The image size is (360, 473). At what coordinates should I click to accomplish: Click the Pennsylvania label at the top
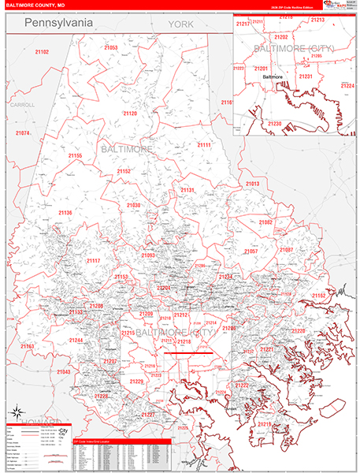[x=59, y=24]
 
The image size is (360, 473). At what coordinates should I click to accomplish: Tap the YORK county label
[x=180, y=26]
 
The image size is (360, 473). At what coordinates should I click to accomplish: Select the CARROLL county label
[x=23, y=104]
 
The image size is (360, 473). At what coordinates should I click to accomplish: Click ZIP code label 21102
[x=41, y=52]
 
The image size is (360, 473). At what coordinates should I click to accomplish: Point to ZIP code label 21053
[x=110, y=48]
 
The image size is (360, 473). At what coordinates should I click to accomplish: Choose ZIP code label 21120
[x=130, y=114]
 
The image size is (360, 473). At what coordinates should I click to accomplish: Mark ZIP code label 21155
[x=75, y=156]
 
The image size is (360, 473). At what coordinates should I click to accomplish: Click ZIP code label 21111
[x=205, y=145]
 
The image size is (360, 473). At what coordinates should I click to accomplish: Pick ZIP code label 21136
[x=65, y=213]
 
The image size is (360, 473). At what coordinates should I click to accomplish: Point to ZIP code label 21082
[x=266, y=222]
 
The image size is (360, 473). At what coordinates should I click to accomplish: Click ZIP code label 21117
[x=94, y=260]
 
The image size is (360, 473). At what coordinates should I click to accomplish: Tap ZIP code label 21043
[x=64, y=371]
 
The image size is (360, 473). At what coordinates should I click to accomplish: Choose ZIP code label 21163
[x=28, y=346]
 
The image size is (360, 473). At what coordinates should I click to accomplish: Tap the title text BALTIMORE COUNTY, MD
[x=36, y=6]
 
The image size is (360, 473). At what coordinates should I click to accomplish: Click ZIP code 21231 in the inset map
[x=306, y=76]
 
